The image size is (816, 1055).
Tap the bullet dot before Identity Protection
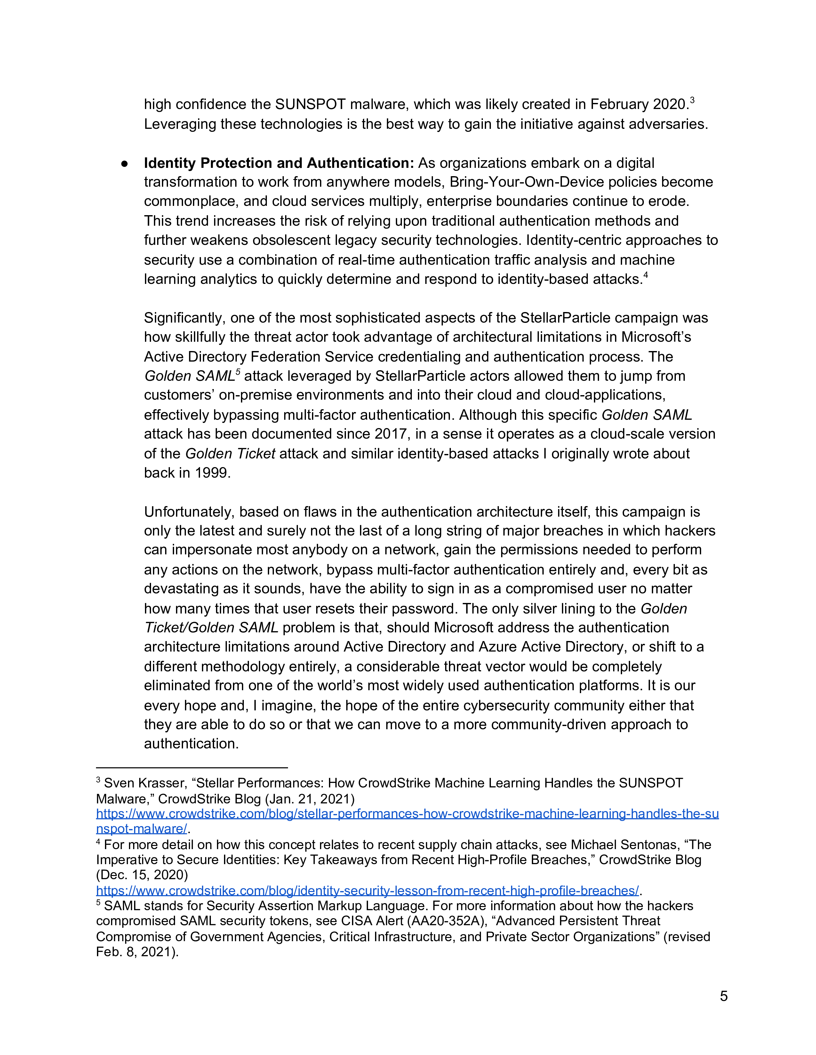(125, 164)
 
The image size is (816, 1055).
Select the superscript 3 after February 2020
(692, 100)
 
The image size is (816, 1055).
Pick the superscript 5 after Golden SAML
(238, 372)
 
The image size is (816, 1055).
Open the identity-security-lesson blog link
(367, 890)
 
